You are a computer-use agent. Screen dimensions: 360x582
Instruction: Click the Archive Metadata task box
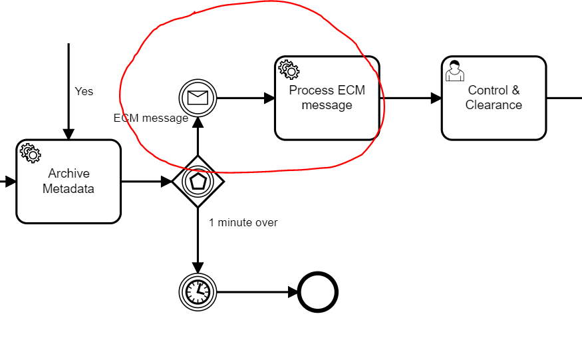coord(69,181)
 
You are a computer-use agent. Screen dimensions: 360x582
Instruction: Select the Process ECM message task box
coord(327,98)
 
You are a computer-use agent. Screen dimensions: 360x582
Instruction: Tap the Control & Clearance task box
coord(494,98)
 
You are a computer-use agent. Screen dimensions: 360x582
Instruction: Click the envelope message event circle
coord(198,98)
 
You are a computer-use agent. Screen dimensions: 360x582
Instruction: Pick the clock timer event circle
coord(198,291)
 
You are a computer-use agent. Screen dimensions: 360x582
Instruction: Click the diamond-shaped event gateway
coord(198,181)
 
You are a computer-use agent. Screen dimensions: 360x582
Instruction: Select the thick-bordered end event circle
coord(318,291)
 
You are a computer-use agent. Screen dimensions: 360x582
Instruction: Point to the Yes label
coord(84,91)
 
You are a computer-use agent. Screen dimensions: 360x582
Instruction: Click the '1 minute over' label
coord(243,222)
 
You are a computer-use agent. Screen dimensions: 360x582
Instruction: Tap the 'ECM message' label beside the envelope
coord(151,118)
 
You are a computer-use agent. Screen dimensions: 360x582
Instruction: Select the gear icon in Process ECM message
coord(289,69)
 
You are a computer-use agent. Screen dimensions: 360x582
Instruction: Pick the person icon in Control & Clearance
coord(455,70)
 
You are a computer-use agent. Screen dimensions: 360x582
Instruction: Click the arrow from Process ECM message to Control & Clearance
coord(410,98)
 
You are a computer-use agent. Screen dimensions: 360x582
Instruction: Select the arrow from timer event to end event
coord(257,291)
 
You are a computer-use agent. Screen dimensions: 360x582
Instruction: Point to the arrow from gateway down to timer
coord(198,240)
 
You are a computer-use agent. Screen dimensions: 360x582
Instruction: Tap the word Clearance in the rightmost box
coord(494,105)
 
